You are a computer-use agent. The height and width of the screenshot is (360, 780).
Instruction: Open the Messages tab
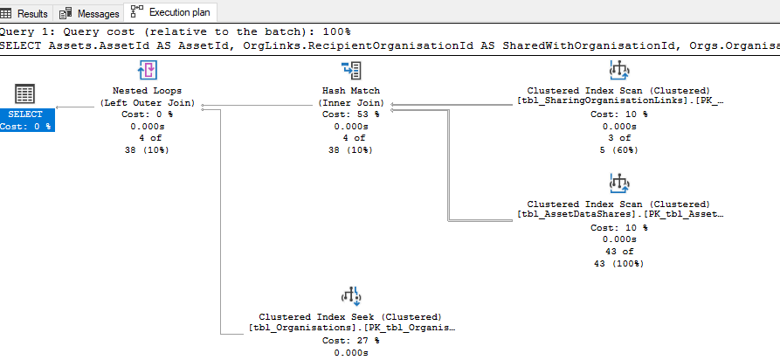pyautogui.click(x=89, y=13)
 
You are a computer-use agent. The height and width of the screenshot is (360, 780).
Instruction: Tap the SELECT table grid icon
pyautogui.click(x=25, y=93)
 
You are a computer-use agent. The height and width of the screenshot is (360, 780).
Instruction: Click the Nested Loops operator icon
pyautogui.click(x=148, y=71)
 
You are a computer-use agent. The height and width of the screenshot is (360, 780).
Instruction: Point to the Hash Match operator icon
pyautogui.click(x=351, y=71)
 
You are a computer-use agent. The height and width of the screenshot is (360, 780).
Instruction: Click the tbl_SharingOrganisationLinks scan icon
pyautogui.click(x=619, y=71)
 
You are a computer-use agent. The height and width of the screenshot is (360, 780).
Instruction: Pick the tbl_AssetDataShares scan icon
pyautogui.click(x=619, y=183)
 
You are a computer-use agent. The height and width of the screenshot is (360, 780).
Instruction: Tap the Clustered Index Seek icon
pyautogui.click(x=351, y=295)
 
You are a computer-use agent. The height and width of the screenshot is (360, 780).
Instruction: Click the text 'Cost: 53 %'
pyautogui.click(x=351, y=114)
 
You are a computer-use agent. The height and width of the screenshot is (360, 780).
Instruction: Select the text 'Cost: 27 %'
pyautogui.click(x=351, y=340)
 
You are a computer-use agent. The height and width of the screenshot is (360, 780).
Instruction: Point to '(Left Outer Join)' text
pyautogui.click(x=148, y=102)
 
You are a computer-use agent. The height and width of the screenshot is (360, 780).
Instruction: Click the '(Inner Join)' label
pyautogui.click(x=351, y=102)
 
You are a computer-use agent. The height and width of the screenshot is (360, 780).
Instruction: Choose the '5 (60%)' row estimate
pyautogui.click(x=619, y=149)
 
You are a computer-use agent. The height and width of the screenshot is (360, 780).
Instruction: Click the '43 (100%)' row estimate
pyautogui.click(x=619, y=262)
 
